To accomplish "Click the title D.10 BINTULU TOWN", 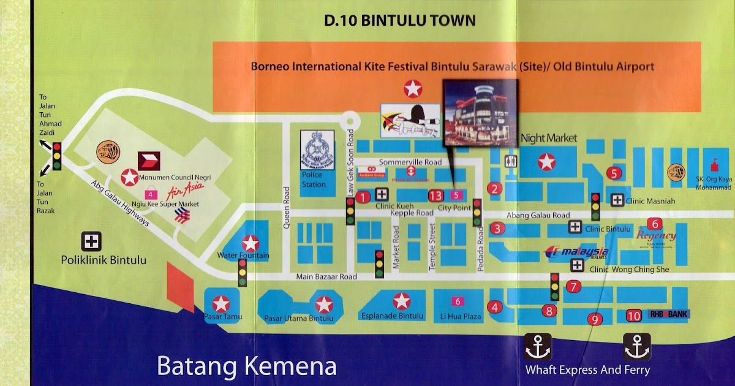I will [399, 20].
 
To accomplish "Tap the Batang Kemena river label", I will [247, 366].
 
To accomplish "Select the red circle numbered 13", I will [435, 196].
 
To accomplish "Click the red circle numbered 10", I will [634, 316].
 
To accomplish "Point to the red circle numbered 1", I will [363, 197].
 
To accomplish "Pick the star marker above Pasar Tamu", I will [221, 303].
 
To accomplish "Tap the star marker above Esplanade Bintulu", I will [401, 301].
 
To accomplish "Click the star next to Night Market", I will [546, 162].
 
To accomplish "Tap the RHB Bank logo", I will [669, 314].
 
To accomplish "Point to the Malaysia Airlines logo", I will [576, 252].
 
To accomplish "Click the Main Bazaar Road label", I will [326, 277].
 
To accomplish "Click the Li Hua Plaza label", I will [457, 317].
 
